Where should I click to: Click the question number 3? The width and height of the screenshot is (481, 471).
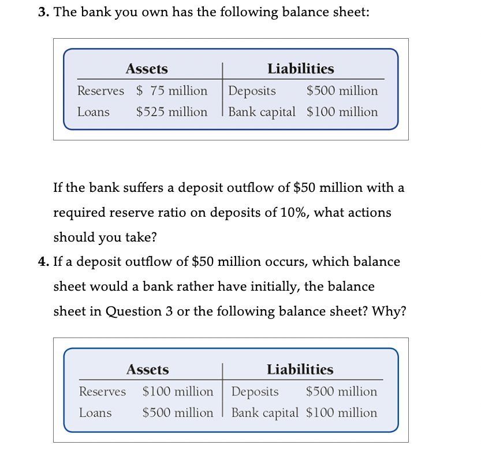[43, 13]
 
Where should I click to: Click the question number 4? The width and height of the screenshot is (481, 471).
[43, 262]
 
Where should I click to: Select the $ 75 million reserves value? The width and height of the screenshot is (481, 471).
[171, 91]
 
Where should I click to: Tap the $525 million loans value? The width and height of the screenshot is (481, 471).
[171, 112]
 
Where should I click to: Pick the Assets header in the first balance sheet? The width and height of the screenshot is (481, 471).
[147, 69]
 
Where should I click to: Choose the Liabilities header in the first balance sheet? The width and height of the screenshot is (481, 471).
[300, 69]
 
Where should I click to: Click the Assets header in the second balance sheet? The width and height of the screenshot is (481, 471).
[148, 370]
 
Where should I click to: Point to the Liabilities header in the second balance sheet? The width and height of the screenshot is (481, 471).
[300, 370]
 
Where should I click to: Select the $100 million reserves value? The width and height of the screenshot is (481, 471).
[178, 391]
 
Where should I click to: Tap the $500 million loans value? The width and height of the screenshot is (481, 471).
[178, 413]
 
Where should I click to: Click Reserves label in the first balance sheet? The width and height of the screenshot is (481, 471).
[100, 91]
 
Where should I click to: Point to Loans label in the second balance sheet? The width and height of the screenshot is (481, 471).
[95, 413]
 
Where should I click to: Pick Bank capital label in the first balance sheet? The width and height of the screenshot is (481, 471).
[262, 112]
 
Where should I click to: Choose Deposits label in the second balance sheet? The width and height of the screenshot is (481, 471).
[255, 391]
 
